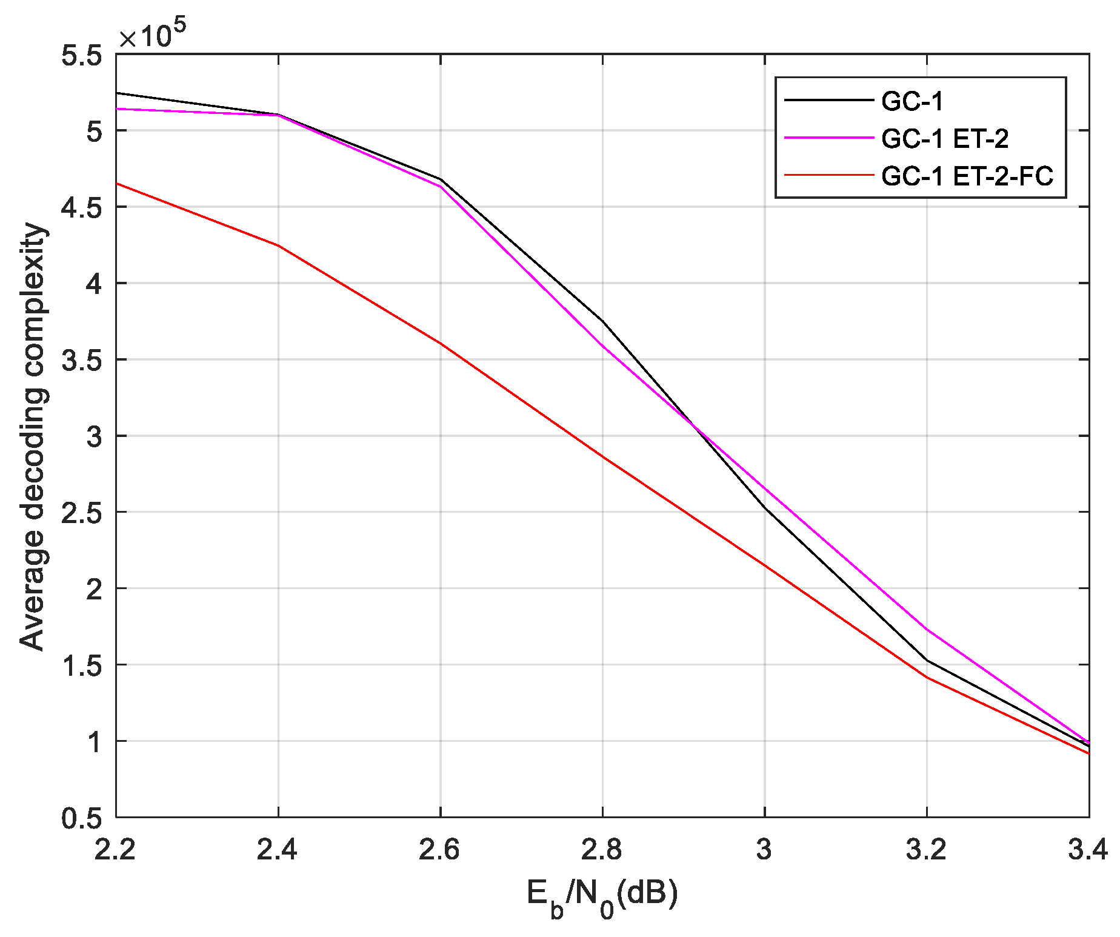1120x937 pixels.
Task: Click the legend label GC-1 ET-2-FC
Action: tap(967, 176)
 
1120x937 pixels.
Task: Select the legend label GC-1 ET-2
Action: tap(945, 139)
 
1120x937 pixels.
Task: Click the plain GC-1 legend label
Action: tap(912, 101)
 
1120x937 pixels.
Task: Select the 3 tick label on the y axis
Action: tap(95, 436)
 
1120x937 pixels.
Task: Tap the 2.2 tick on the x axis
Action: tap(115, 850)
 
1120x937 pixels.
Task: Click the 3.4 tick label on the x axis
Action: tap(1087, 850)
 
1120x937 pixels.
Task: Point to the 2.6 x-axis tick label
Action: tap(439, 850)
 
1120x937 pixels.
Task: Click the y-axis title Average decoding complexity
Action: tap(33, 436)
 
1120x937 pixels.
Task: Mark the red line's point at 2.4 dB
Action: tap(278, 245)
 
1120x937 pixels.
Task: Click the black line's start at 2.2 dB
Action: tap(116, 93)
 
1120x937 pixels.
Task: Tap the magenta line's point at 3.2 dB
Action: tap(927, 630)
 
